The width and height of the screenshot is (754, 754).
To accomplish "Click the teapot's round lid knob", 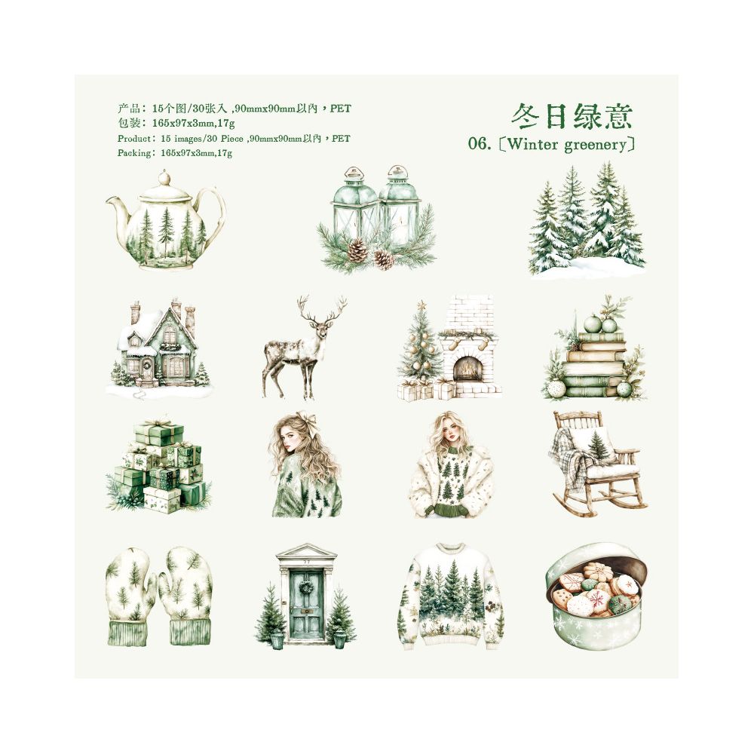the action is [164, 177].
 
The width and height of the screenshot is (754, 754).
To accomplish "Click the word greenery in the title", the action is [596, 145].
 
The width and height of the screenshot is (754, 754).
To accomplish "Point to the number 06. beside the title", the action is [480, 144].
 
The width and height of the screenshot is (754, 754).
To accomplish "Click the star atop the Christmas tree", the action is [422, 305].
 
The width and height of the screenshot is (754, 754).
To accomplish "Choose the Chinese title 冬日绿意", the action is [571, 116].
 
